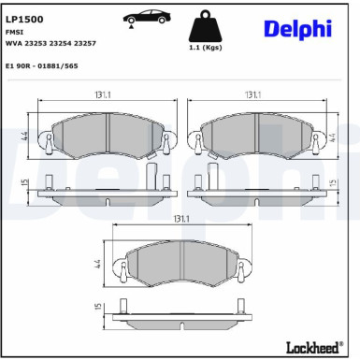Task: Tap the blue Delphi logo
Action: click(296, 27)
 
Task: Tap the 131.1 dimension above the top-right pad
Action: click(252, 94)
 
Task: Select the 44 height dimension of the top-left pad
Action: click(21, 136)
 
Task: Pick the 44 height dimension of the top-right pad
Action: click(334, 136)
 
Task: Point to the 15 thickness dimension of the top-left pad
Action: click(21, 183)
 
